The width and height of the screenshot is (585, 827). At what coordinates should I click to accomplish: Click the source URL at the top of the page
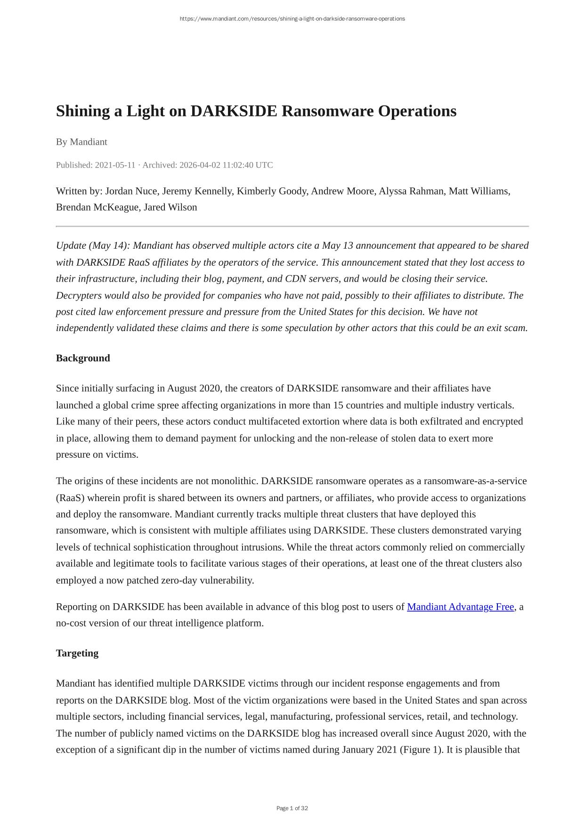coord(292,19)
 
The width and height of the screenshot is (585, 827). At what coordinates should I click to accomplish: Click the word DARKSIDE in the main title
coord(234,111)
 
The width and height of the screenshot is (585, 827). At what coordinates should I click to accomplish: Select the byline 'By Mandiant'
coord(81,142)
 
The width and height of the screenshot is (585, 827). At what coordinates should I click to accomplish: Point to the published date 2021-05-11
coord(115,165)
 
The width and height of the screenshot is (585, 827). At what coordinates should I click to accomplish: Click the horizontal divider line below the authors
coord(292,227)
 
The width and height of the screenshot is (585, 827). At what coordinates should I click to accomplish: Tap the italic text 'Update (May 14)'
coord(93,246)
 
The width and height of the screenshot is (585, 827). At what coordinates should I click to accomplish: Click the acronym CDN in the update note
coord(296,279)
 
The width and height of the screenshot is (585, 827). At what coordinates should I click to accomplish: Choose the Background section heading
coord(83,358)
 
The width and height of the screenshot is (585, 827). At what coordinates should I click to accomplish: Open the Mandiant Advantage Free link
coord(460,607)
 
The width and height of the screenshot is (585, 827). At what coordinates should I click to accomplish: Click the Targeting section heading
coord(77,653)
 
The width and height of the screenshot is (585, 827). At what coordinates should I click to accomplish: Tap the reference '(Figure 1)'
coord(420,750)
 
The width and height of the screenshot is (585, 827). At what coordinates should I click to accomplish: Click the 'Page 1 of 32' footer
coord(292,808)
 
